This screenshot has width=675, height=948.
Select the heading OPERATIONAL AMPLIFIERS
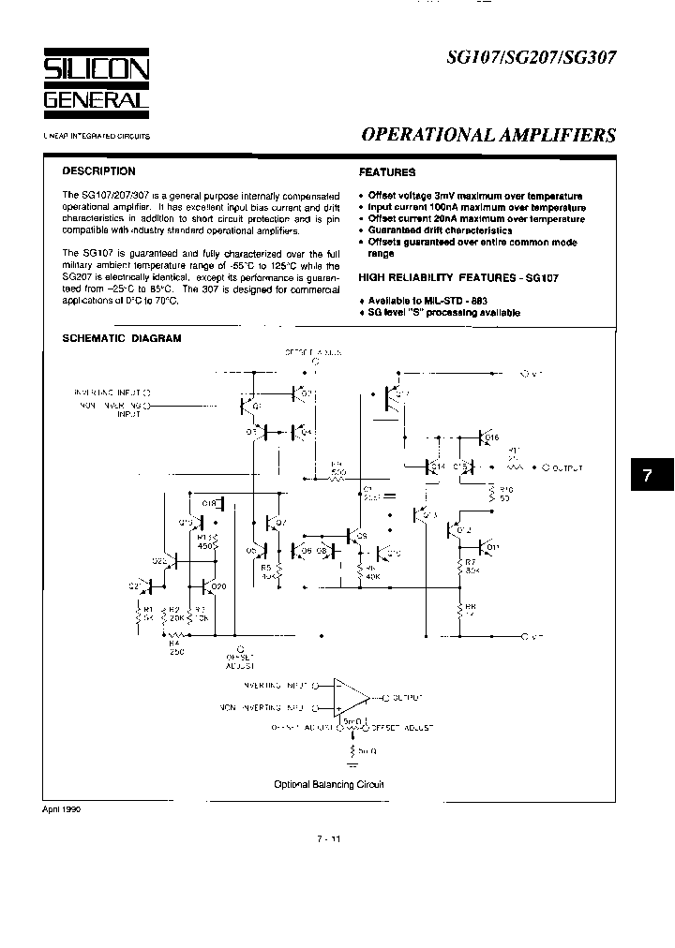(488, 135)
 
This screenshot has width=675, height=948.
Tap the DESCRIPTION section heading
(98, 171)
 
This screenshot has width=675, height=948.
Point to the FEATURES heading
(387, 172)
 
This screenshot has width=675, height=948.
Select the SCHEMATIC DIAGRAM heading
(121, 338)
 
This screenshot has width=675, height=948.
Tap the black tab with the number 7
(646, 476)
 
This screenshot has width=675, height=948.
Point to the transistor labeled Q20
(210, 587)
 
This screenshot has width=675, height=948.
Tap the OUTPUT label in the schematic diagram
(566, 467)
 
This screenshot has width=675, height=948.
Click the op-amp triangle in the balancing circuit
(351, 698)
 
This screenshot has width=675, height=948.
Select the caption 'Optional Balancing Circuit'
(328, 785)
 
